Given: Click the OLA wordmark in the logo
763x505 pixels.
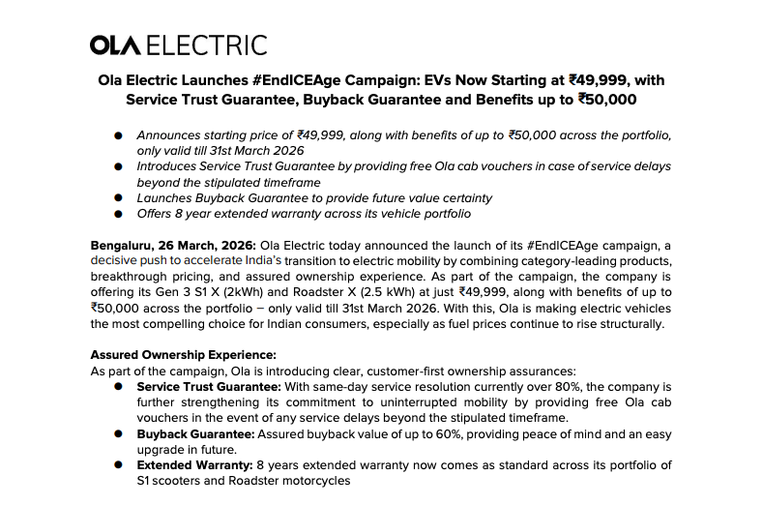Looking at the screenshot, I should [118, 45].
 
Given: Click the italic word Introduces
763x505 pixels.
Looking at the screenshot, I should [169, 166].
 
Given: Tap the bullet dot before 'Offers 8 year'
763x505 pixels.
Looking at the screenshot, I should [118, 213].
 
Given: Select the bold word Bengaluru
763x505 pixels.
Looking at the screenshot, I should [123, 246].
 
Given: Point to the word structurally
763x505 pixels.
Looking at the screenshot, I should [630, 323].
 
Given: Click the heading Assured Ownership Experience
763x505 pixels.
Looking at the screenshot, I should [183, 354].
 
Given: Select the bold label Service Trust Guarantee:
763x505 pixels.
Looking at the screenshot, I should [199, 385].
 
